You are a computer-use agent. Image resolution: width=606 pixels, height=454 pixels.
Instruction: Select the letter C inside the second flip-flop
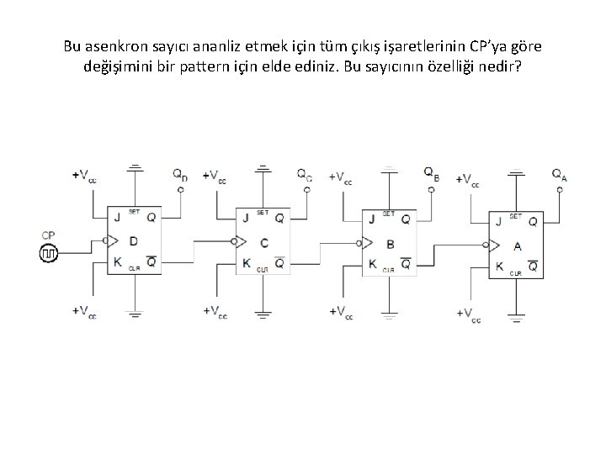point(263,243)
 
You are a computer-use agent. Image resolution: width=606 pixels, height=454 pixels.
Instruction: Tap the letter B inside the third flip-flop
point(390,243)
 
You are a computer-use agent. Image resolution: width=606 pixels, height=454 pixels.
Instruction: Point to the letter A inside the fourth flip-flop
point(518,245)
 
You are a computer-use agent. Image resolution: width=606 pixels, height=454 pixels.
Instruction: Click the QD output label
point(180,175)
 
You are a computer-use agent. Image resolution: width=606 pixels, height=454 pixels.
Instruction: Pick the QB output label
point(431,175)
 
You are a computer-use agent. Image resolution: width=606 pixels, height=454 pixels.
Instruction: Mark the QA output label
point(559,175)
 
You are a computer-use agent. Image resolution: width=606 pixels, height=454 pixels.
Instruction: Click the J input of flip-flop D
point(118,217)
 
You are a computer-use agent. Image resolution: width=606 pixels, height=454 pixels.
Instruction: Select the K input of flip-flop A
point(500,267)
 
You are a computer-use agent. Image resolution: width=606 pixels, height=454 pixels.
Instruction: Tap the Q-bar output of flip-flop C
point(279,263)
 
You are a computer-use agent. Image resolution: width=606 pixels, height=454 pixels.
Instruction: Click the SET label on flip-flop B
point(389,214)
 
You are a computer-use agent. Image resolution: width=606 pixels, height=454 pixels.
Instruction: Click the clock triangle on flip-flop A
point(493,246)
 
